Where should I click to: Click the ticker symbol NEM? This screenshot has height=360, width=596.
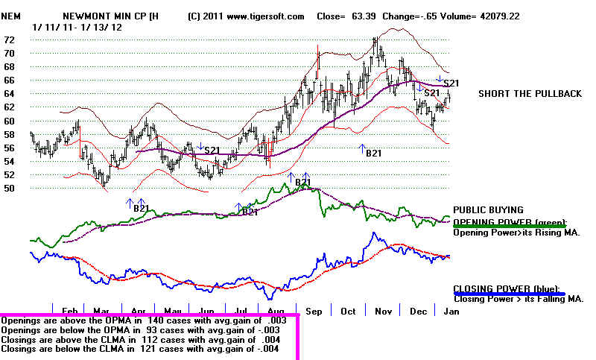10,16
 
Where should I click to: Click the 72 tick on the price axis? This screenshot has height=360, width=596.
9,40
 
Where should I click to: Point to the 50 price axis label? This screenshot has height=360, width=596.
9,188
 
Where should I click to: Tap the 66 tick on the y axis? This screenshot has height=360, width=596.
9,80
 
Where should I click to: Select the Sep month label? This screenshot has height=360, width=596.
314,312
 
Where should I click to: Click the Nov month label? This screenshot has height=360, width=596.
383,312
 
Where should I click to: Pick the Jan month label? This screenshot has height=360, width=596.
451,312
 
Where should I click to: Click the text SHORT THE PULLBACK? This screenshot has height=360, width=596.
530,94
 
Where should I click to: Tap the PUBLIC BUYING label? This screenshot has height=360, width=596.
488,210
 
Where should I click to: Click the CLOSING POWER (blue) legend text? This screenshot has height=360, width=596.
507,289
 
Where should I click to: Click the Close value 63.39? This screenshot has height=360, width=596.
364,16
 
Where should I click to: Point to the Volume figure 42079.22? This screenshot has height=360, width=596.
500,16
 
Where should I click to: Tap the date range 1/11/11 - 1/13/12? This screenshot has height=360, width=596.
77,28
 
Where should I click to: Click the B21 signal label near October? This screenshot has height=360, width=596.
373,154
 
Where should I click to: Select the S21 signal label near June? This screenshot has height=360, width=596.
212,151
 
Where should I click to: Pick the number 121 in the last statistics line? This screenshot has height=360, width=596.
148,349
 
